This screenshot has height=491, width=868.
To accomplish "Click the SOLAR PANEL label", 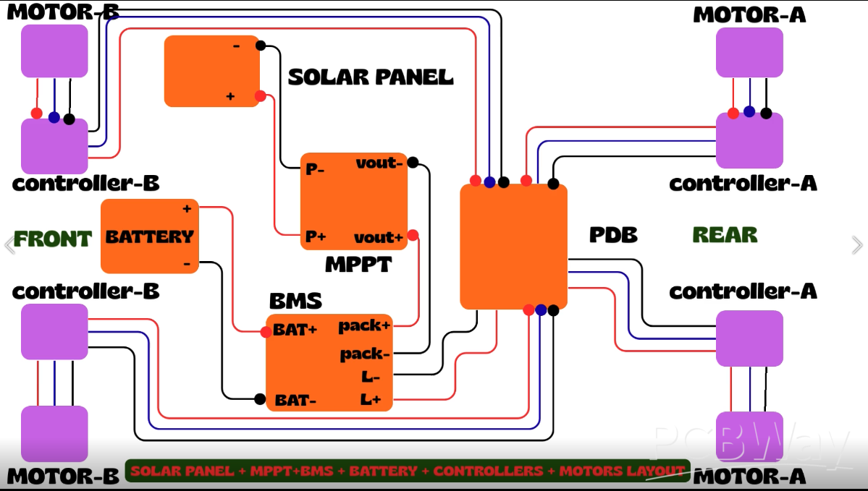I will point(371,77).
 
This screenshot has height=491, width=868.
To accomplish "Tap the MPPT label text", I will point(358,264).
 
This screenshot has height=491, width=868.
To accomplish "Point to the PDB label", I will point(613,235).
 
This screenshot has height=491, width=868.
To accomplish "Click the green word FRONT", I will point(53,239).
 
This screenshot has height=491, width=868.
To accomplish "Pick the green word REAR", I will point(725,235).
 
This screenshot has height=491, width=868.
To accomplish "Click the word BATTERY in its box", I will point(150,236).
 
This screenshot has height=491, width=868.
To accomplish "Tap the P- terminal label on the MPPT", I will point(315,170).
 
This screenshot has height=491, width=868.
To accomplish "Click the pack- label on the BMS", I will point(365,354).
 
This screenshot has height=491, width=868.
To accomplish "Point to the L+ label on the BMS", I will point(371,398).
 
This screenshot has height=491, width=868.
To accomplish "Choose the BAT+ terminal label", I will point(295,330).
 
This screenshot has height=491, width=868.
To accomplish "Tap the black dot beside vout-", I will point(413,163).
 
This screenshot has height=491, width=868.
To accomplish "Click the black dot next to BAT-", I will point(260,398).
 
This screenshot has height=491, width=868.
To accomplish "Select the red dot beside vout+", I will point(413,235).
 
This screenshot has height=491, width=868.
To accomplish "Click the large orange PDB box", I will point(513,246).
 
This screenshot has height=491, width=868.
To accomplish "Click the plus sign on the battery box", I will point(187,209).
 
